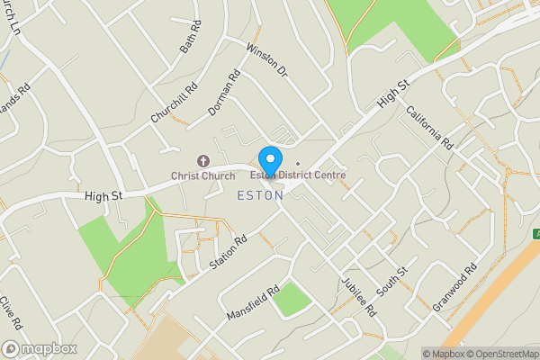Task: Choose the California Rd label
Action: pyautogui.click(x=430, y=127)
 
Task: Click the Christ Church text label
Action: pyautogui.click(x=204, y=175)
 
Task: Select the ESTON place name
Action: pyautogui.click(x=263, y=195)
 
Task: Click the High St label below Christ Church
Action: pyautogui.click(x=103, y=195)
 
